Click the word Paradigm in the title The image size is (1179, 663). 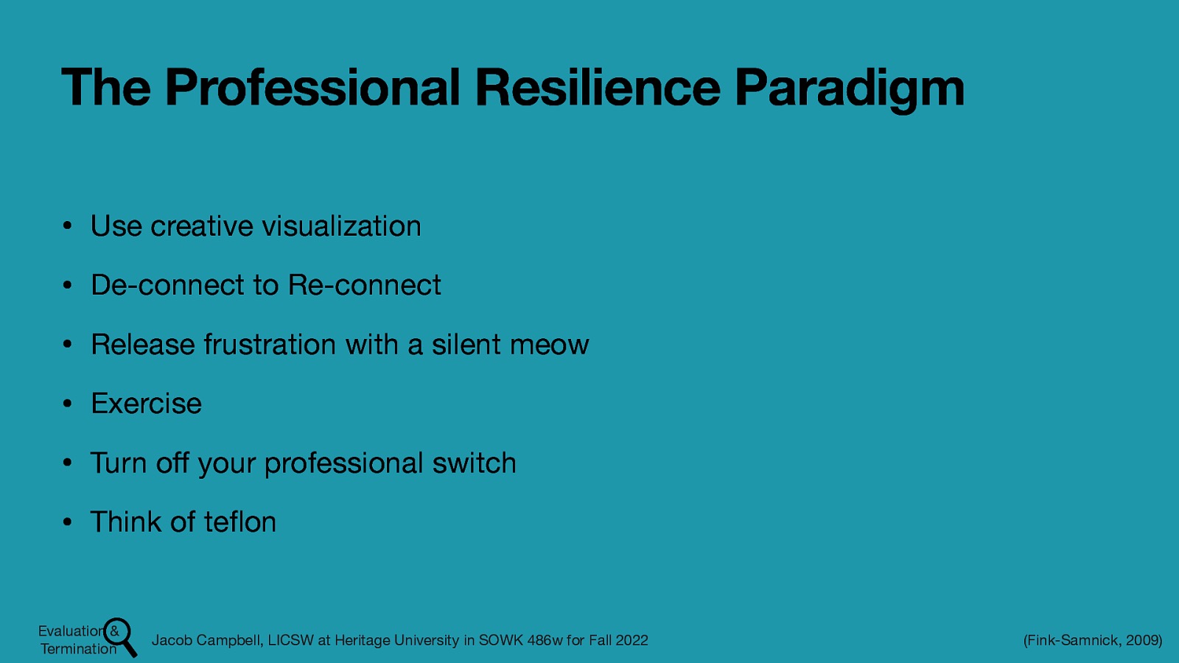click(849, 88)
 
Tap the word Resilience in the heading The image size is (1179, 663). click(597, 87)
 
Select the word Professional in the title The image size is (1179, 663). click(312, 87)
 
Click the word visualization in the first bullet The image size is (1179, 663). click(341, 226)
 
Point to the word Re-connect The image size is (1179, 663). click(364, 285)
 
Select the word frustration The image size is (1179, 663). click(270, 345)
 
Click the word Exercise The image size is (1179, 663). click(146, 404)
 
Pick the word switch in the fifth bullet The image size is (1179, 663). click(474, 463)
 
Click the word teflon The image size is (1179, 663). click(239, 522)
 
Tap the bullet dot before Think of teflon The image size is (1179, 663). click(66, 523)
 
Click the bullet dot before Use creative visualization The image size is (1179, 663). click(66, 227)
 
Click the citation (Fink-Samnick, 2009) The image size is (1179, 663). click(1092, 640)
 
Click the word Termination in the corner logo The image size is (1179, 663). click(78, 649)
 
